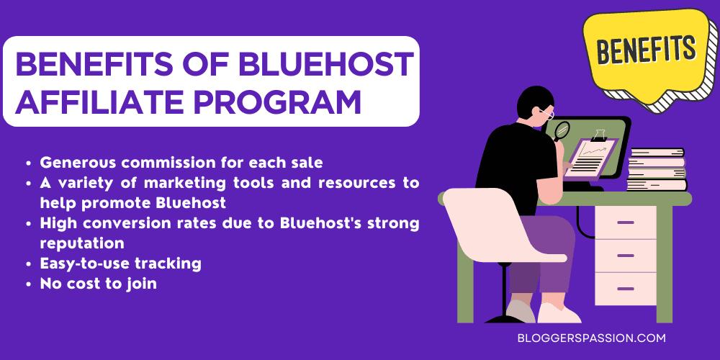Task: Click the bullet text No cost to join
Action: [99, 284]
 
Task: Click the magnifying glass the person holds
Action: [561, 130]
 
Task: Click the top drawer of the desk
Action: [625, 225]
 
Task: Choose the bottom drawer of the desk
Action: [625, 289]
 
